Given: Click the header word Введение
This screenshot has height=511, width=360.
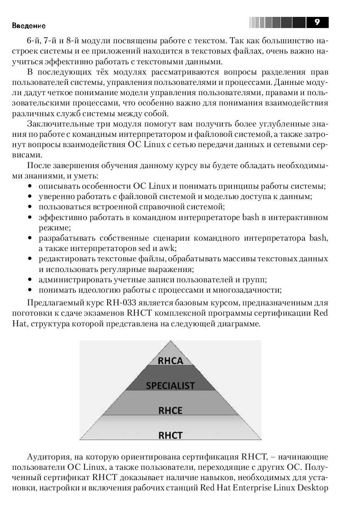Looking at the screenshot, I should pos(29,26).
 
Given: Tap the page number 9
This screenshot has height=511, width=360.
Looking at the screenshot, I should pos(317,22).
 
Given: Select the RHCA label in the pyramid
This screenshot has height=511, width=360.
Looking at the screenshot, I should pos(170,361).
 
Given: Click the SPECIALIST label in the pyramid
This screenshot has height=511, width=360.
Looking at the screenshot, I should pos(170,386).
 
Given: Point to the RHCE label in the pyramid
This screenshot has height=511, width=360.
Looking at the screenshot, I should pos(170,410).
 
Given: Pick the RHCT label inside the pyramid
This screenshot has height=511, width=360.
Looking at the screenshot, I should pos(170,435).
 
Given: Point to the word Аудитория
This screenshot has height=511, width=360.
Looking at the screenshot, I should pos(46,457).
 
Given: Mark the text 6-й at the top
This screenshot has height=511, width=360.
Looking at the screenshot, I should pos(33,41).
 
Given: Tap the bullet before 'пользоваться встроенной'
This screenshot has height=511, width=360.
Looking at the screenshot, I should pos(30,207).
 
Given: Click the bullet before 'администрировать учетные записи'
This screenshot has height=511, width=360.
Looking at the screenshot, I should pos(30,280).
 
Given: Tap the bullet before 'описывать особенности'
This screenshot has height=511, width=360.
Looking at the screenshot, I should pos(30,186).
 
